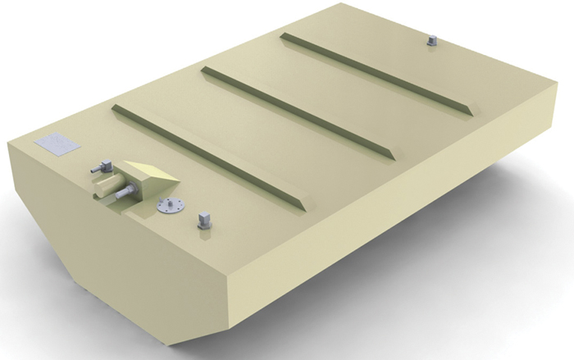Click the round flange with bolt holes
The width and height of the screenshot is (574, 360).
point(169,206)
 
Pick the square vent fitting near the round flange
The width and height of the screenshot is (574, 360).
point(204,220)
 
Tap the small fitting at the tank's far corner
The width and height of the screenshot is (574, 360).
point(432,40)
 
